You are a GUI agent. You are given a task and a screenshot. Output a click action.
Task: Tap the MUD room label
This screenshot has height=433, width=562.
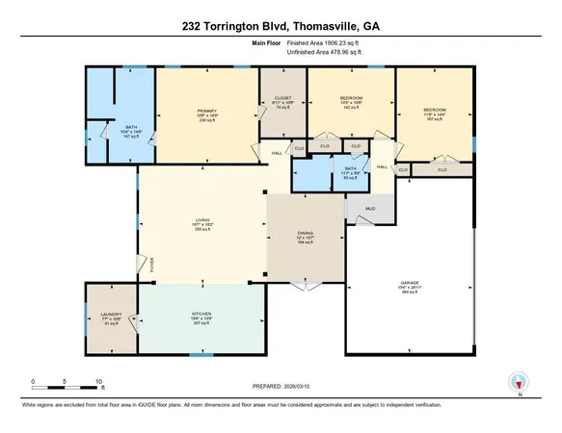click(x=369, y=208)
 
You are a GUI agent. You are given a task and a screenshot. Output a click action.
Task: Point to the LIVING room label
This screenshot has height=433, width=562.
click(x=202, y=220)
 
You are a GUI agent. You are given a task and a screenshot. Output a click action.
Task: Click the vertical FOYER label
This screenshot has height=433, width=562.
click(x=151, y=266)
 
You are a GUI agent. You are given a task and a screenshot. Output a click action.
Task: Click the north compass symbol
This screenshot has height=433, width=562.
click(x=518, y=381)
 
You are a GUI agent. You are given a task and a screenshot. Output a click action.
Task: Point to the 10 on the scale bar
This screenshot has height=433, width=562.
click(x=99, y=382)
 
